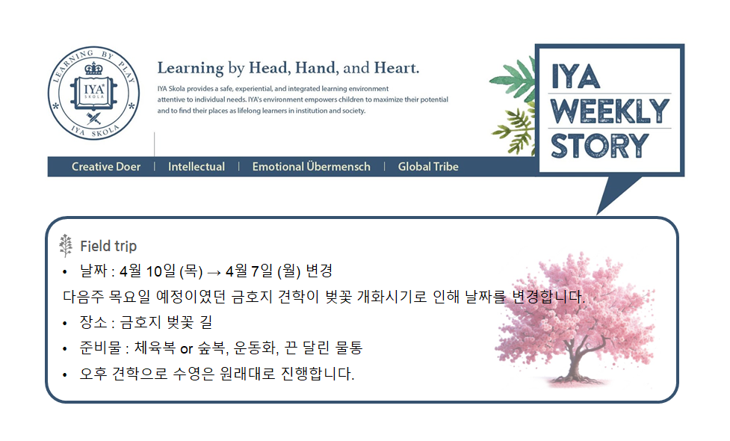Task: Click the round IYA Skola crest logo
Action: pyautogui.click(x=93, y=93)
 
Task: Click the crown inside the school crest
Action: pyautogui.click(x=93, y=70)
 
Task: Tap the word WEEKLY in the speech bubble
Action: pyautogui.click(x=610, y=111)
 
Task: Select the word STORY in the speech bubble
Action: pyautogui.click(x=600, y=146)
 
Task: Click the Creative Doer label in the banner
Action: pyautogui.click(x=105, y=167)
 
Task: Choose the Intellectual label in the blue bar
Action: pyautogui.click(x=196, y=167)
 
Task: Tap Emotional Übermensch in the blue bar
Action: pyautogui.click(x=311, y=166)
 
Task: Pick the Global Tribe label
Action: pyautogui.click(x=428, y=167)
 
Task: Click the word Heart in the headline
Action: pyautogui.click(x=396, y=68)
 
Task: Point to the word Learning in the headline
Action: pyautogui.click(x=191, y=69)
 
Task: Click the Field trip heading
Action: pyautogui.click(x=108, y=246)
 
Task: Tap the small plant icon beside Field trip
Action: pyautogui.click(x=66, y=245)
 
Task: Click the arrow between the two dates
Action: pyautogui.click(x=214, y=272)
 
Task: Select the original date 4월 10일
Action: pyautogui.click(x=147, y=271)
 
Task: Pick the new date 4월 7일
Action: pyautogui.click(x=249, y=271)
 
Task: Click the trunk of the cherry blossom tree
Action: pyautogui.click(x=576, y=363)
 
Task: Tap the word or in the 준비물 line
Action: pyautogui.click(x=186, y=349)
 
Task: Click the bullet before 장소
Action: pyautogui.click(x=65, y=323)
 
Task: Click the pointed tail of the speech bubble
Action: pyautogui.click(x=598, y=214)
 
